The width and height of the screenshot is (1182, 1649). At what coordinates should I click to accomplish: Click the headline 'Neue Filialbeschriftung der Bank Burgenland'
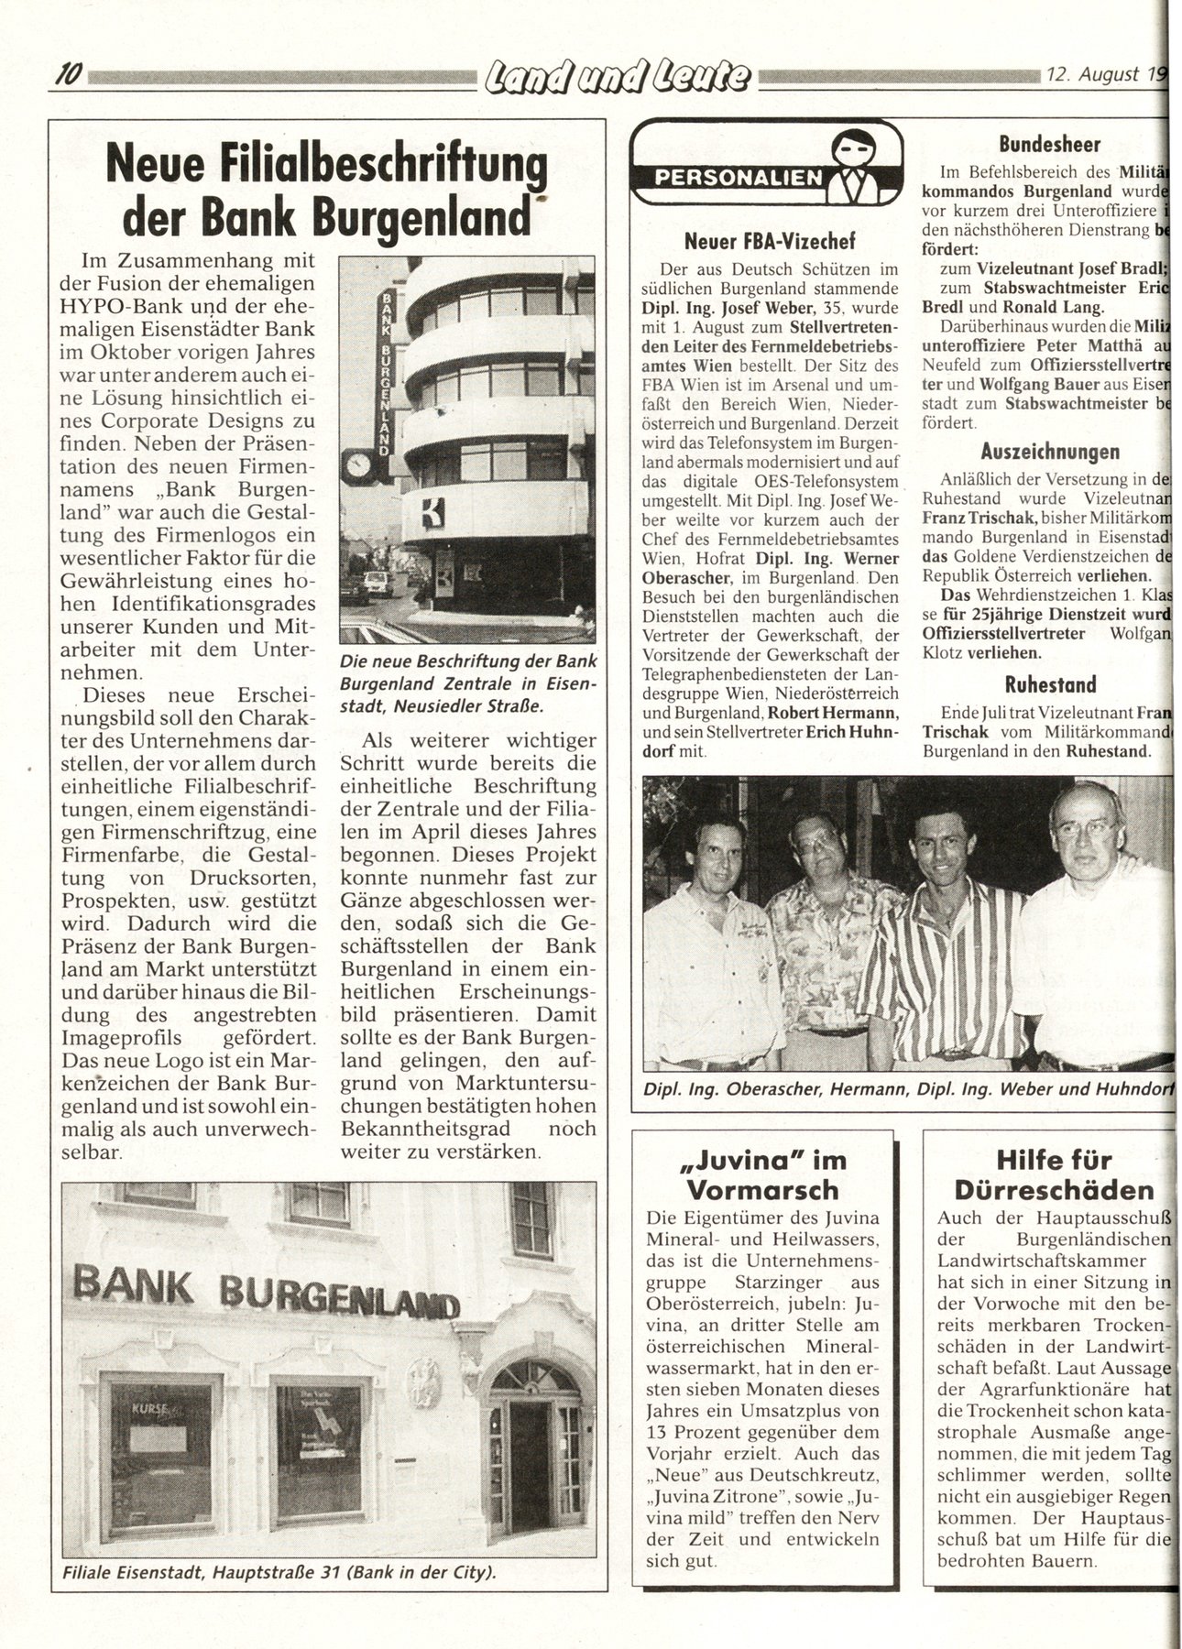tap(328, 191)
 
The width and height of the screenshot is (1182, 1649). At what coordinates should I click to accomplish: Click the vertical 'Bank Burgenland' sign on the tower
tap(387, 374)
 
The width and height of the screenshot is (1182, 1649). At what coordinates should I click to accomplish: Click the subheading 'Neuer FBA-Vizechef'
tap(770, 241)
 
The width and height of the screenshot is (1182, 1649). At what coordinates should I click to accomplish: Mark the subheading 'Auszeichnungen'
tap(1049, 451)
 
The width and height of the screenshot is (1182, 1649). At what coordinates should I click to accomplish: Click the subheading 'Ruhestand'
tap(1049, 684)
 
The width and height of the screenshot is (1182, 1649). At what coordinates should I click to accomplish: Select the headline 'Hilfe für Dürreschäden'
tap(1054, 1174)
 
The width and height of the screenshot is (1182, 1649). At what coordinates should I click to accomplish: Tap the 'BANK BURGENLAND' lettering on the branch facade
tap(266, 1293)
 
